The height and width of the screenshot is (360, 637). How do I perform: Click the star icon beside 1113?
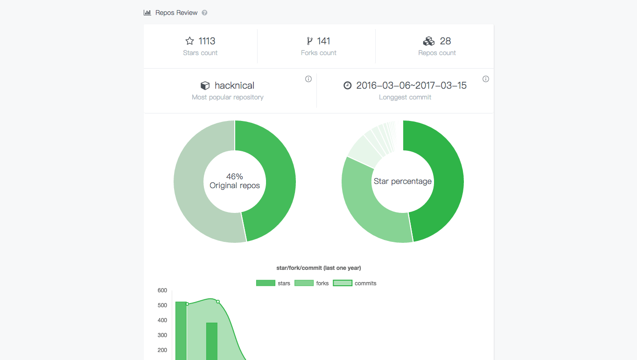coord(189,41)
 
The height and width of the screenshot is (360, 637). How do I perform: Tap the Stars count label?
coord(200,53)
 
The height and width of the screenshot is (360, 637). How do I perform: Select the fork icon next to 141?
coord(309,41)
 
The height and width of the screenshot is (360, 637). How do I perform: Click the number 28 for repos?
coord(445,41)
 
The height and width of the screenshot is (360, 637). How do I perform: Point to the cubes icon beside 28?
coord(428,41)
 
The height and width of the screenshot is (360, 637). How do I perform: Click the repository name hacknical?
coord(234,85)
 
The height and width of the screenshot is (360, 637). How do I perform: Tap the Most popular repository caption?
coord(228,97)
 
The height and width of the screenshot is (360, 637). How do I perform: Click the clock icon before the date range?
coord(347,85)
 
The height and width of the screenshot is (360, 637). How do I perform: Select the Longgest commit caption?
coord(405,97)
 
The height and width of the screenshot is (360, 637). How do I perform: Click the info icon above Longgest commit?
coord(486,79)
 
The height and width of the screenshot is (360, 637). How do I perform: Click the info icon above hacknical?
coord(308,79)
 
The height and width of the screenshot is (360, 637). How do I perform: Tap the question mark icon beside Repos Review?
coord(204,13)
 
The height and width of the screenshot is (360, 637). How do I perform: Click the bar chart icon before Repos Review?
coord(147,13)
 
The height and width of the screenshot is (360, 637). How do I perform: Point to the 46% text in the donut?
coord(235,176)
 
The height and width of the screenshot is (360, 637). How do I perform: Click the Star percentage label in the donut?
coord(403,181)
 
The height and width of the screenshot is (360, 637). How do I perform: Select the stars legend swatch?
coord(266,283)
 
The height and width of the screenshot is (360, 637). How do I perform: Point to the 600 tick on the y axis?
coord(162,290)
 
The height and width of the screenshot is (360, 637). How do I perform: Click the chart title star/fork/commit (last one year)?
coord(319,268)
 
